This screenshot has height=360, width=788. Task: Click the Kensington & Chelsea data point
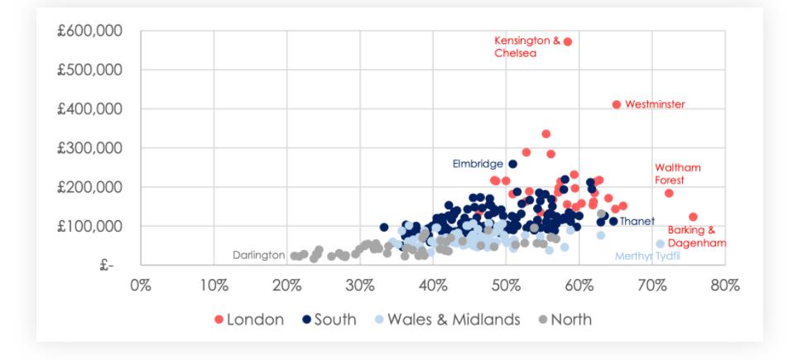(568, 41)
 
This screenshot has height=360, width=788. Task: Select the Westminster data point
(617, 104)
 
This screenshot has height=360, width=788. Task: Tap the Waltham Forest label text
(677, 173)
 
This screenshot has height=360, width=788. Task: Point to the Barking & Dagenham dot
(693, 217)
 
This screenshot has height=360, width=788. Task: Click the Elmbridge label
(478, 164)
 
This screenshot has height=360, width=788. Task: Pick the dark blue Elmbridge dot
(512, 164)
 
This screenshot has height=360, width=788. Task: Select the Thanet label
(637, 221)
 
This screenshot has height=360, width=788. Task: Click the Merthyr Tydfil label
(647, 256)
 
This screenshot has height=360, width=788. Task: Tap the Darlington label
(258, 255)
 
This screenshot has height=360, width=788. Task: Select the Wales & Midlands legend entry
(446, 319)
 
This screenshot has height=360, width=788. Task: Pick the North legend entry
(564, 319)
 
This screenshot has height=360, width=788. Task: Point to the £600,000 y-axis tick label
(89, 31)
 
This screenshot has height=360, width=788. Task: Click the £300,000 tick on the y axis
(89, 148)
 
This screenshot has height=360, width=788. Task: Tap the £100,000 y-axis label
(89, 226)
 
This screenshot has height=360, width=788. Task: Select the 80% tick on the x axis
(725, 286)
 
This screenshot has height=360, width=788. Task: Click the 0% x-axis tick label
(141, 286)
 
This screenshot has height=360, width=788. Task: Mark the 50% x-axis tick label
(506, 286)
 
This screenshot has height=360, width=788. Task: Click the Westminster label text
(655, 104)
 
